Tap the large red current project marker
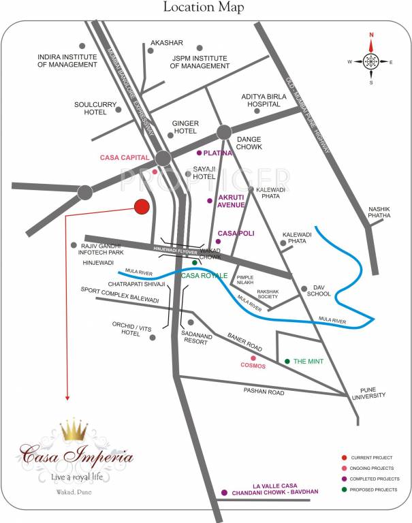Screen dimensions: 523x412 coord(142,207)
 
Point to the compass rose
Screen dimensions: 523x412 coord(371,61)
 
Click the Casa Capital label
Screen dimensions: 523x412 coord(124,157)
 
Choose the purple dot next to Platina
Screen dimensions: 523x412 coord(199,153)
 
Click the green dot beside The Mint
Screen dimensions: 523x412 coord(287,361)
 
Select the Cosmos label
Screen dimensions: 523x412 coord(252,366)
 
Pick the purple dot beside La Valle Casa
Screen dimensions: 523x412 coord(224,492)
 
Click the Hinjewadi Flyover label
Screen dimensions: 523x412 coord(178,249)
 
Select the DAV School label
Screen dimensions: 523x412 coord(319,291)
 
